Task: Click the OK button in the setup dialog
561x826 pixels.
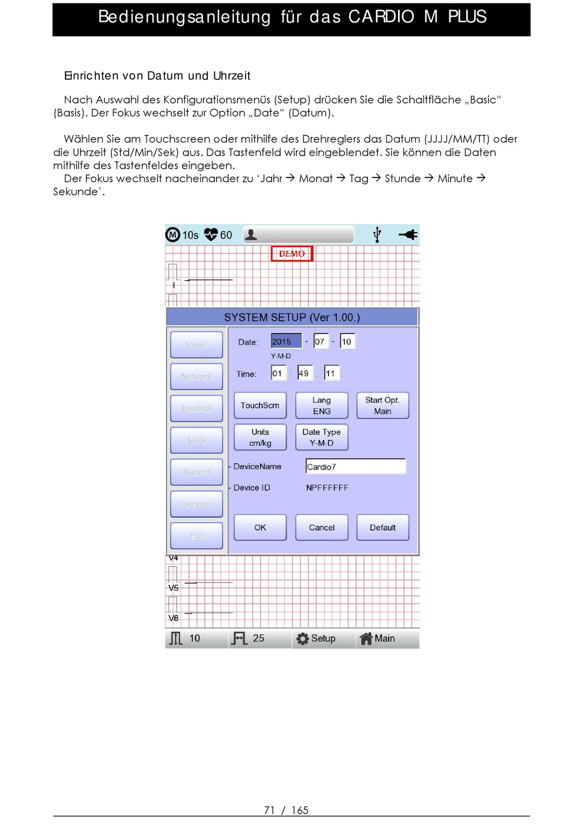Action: [260, 527]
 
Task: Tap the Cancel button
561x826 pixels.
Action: [321, 527]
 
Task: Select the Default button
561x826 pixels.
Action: [383, 527]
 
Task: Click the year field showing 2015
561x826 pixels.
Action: [286, 341]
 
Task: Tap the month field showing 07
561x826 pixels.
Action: [320, 341]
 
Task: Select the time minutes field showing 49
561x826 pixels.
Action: [304, 373]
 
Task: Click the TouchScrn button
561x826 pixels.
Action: [260, 405]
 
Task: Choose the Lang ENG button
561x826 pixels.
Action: [321, 405]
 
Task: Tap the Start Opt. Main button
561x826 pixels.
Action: [383, 405]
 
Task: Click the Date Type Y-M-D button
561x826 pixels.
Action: [321, 437]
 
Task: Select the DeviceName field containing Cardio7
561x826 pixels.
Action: [355, 467]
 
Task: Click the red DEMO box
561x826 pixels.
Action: [292, 254]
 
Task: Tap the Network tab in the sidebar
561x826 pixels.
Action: [197, 377]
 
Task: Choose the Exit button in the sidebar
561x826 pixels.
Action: [197, 536]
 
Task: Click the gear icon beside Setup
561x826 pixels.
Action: [302, 639]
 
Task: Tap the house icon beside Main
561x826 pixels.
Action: [366, 639]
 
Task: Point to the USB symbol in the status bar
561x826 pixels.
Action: [377, 235]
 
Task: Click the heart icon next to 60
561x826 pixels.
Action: [211, 235]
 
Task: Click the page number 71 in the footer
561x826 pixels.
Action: [269, 810]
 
